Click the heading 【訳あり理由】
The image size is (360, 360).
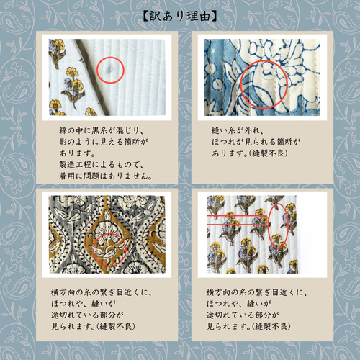tap(180, 14)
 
